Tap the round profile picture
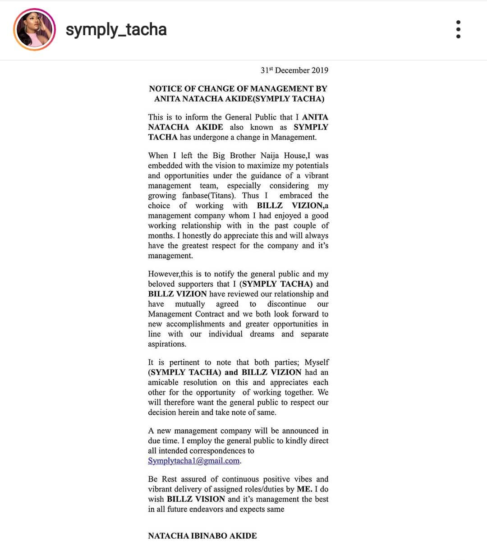35,29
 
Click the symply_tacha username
116,29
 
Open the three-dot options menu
458,29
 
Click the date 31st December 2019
294,70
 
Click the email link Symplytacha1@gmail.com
194,461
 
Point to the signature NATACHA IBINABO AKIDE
202,536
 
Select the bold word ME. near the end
304,489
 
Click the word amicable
163,382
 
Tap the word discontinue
286,304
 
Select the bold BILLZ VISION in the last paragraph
196,499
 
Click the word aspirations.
167,344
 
